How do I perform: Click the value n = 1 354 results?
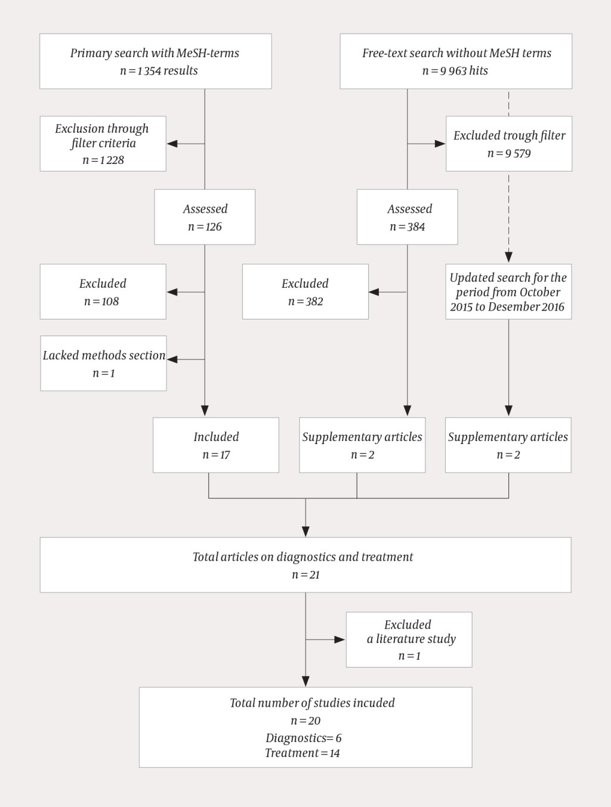[x=159, y=71]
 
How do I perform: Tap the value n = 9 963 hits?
[x=455, y=71]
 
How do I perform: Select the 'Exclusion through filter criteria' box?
[x=103, y=144]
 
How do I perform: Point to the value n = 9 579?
[x=509, y=154]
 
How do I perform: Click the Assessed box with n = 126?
[x=205, y=217]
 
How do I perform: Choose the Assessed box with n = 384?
[x=408, y=217]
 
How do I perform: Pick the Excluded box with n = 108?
[x=103, y=291]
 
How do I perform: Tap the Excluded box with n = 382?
[x=305, y=291]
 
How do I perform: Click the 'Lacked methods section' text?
[x=104, y=356]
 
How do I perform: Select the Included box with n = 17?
[x=216, y=445]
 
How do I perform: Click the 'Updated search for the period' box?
[x=508, y=291]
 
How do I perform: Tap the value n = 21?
[x=305, y=575]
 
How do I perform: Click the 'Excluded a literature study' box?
[x=409, y=640]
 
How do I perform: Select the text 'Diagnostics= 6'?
[x=304, y=738]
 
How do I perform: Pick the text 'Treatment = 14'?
[x=303, y=753]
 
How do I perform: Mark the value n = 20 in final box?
[x=305, y=721]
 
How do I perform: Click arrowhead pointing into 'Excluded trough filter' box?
[x=440, y=144]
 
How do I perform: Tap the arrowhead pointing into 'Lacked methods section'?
[x=172, y=359]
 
